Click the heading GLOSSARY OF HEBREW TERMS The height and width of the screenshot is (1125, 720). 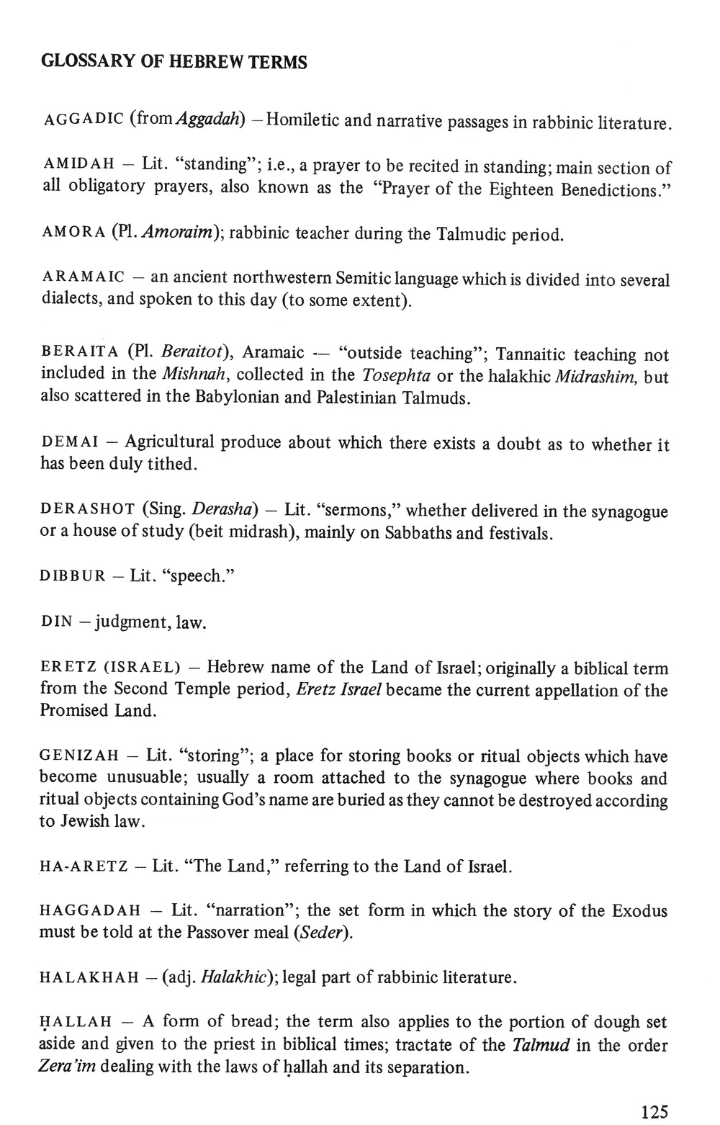tap(174, 62)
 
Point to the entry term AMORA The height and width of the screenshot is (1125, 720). tap(73, 233)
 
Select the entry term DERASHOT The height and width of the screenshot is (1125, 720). tap(88, 510)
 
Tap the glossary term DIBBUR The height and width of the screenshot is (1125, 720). tap(73, 578)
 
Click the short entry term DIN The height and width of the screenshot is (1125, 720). tap(56, 622)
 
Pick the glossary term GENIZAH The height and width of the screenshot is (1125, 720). tap(79, 756)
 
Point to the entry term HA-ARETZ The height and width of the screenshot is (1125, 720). tap(81, 866)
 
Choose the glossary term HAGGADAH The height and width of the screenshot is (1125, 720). tap(89, 911)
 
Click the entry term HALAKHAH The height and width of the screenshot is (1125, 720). tap(89, 978)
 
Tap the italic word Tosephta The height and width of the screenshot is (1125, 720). tap(392, 375)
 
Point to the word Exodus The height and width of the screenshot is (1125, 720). tap(639, 911)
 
